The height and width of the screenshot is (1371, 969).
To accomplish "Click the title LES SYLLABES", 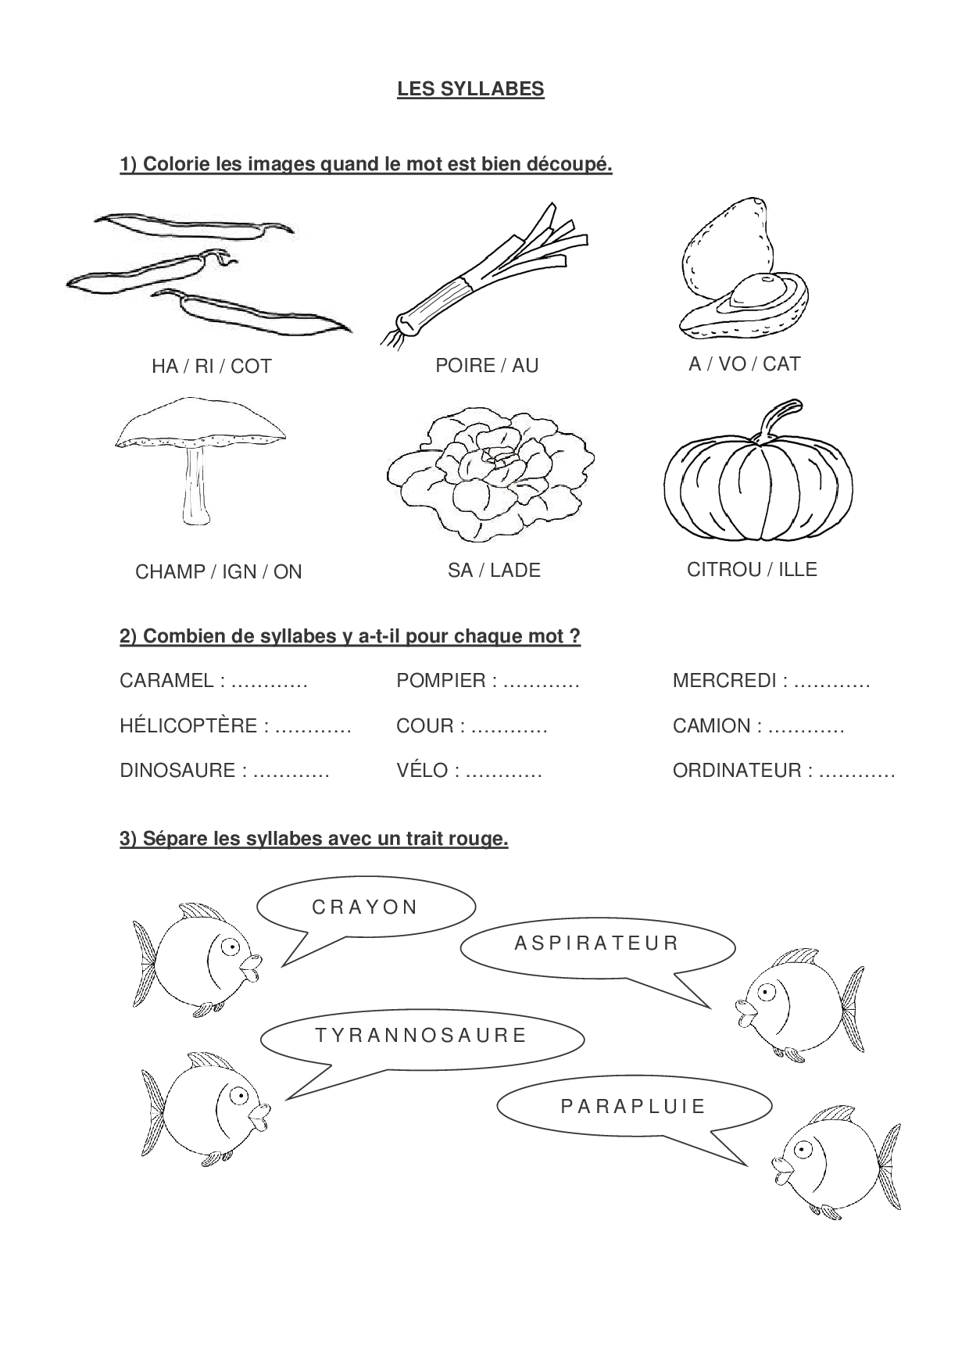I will click(470, 89).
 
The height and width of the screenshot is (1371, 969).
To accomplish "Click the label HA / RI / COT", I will click(211, 367).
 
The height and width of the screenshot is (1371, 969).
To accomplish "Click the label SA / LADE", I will click(494, 571).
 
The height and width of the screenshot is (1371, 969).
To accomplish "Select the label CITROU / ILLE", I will click(752, 569).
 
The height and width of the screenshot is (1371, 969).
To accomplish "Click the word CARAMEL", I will click(166, 681).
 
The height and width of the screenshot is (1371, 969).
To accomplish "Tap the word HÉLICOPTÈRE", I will click(188, 726).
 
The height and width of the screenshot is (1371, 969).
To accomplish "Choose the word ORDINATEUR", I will click(737, 771).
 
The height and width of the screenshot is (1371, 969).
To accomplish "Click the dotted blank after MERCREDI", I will click(831, 682).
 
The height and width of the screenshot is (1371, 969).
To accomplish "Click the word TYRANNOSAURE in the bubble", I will click(422, 1036).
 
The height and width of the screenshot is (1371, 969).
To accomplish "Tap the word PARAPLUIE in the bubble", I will click(633, 1107).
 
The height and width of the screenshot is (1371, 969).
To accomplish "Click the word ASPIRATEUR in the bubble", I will click(597, 943).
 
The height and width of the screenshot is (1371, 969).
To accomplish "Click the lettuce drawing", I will click(491, 474).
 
